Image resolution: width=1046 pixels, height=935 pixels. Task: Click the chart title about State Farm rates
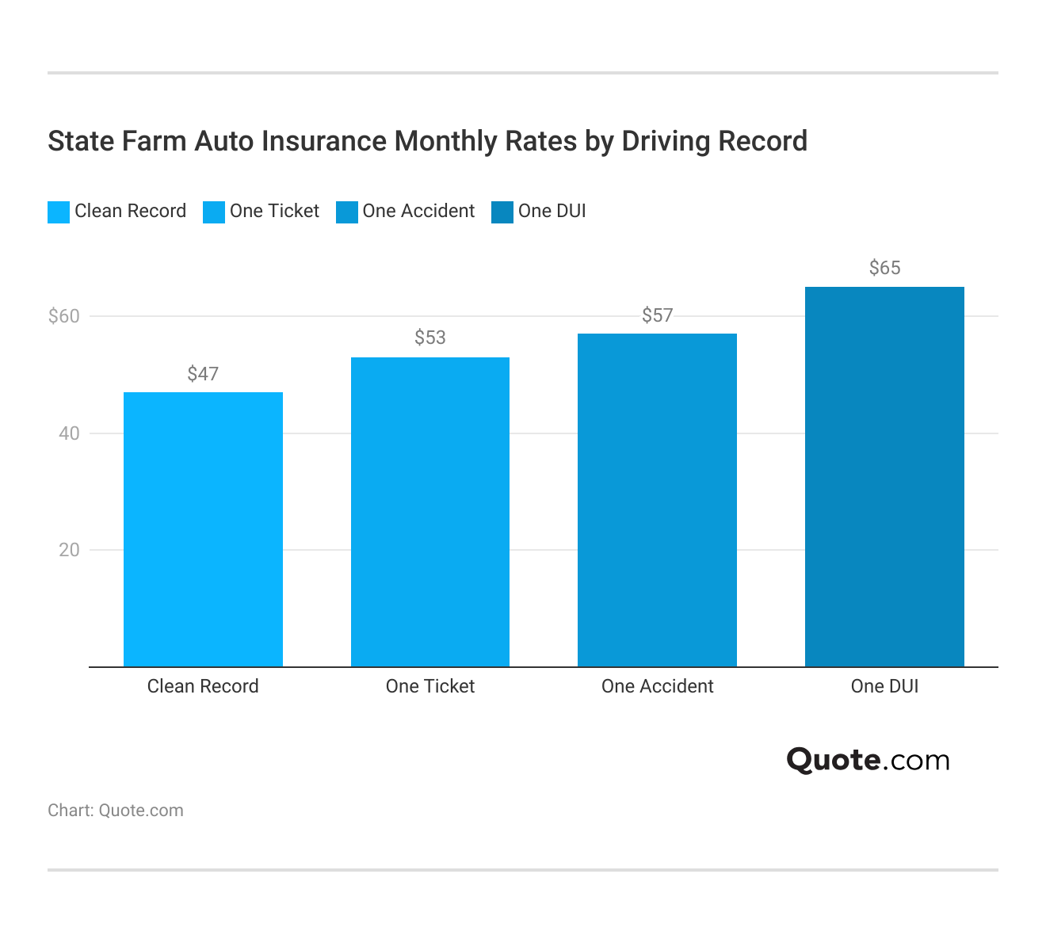tap(427, 141)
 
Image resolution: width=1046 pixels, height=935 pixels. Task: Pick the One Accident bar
tap(657, 500)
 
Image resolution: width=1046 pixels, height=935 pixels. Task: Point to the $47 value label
tap(203, 374)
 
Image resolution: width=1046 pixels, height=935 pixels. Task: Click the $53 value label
tap(429, 338)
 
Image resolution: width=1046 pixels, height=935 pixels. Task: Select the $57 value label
tap(657, 315)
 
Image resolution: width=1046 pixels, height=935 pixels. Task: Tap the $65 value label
tap(884, 268)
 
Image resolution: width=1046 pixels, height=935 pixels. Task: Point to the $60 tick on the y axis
tap(64, 316)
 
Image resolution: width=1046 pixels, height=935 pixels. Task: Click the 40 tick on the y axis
tap(69, 433)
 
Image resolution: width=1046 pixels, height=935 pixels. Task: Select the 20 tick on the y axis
tap(69, 550)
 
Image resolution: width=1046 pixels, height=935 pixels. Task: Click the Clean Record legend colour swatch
tap(59, 212)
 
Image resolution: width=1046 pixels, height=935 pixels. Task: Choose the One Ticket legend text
tap(274, 211)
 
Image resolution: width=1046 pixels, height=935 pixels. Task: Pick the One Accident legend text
tap(418, 211)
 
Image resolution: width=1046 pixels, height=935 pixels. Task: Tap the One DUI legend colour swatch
tap(502, 212)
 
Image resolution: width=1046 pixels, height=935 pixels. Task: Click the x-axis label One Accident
tap(657, 686)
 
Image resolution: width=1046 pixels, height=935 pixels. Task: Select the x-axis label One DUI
tap(884, 686)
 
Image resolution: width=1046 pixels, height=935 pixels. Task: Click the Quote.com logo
tap(868, 760)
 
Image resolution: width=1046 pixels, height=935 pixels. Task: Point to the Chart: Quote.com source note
tap(116, 811)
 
